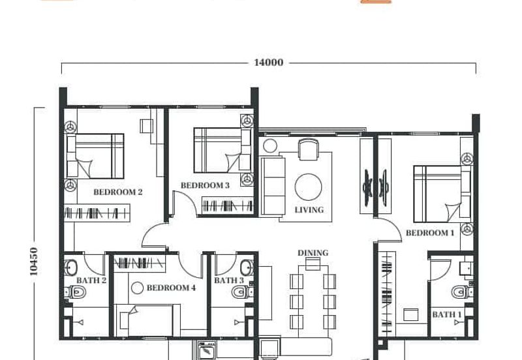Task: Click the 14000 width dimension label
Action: (x=269, y=63)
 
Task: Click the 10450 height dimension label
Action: (x=34, y=262)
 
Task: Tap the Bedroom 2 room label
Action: (x=118, y=192)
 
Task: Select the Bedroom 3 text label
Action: (x=205, y=185)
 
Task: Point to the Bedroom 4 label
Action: (x=171, y=288)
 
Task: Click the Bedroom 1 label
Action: (x=430, y=233)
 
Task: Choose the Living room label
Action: (x=309, y=210)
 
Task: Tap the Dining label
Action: (x=313, y=253)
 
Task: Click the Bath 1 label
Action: (x=447, y=314)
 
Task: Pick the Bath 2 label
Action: (x=91, y=280)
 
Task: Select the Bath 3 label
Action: (x=229, y=280)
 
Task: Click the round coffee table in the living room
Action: (x=308, y=187)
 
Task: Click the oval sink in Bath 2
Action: (x=70, y=268)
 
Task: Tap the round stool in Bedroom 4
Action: (x=137, y=288)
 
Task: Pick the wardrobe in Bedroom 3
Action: (x=228, y=205)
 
